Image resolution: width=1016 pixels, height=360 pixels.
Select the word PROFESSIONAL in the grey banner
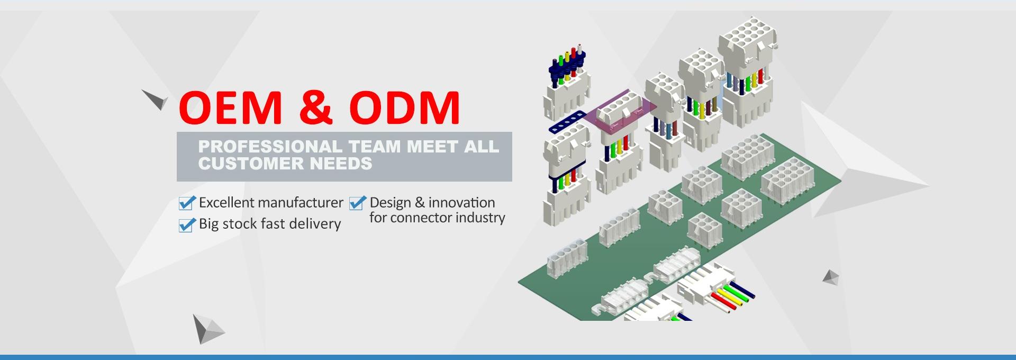[270, 146]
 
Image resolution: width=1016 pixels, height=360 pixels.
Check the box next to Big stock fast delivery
[187, 224]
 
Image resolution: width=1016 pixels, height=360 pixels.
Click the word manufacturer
[301, 203]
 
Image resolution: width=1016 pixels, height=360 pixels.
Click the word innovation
[462, 203]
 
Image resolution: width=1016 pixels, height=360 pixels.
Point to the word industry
[480, 218]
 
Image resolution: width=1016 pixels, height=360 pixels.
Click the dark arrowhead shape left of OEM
[156, 99]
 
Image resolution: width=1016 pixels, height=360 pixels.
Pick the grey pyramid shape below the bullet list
[207, 329]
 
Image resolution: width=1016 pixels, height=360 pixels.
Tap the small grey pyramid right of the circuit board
[831, 277]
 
